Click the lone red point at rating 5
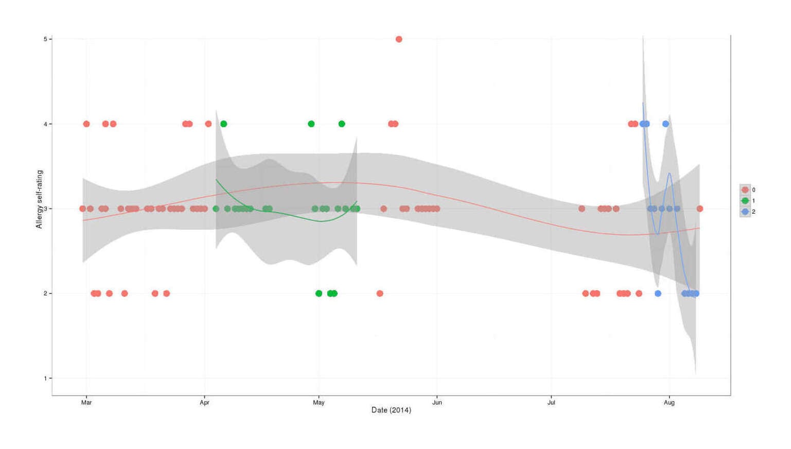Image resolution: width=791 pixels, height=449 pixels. coord(399,39)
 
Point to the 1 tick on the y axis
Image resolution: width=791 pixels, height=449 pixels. coord(45,378)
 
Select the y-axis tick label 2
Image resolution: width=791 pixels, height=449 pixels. coord(45,293)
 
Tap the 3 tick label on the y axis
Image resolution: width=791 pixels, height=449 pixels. coord(45,209)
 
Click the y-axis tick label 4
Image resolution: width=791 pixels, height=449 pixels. coord(45,124)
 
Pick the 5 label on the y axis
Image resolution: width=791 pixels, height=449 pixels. coord(45,39)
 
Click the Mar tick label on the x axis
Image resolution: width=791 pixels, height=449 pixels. coord(86,403)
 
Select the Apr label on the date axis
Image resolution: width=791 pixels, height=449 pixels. coord(204,403)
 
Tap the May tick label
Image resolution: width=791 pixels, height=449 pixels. coord(319,403)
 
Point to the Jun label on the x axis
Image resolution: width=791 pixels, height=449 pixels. coord(437,403)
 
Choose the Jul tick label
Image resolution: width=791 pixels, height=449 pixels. coord(551,403)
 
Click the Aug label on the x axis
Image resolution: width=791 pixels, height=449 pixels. coord(669,403)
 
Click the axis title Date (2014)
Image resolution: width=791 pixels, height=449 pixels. coord(391,410)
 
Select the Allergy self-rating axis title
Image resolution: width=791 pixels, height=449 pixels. coord(39,199)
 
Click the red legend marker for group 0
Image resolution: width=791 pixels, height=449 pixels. coord(745,190)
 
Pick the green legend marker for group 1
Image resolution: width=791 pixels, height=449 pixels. coord(745,201)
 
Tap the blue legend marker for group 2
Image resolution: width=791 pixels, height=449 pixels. coord(745,212)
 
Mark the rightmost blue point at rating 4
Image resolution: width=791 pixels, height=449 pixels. coord(665,124)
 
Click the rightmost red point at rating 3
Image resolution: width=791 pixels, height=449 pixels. coord(699,209)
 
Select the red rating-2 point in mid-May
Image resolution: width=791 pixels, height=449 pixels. coord(380,293)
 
